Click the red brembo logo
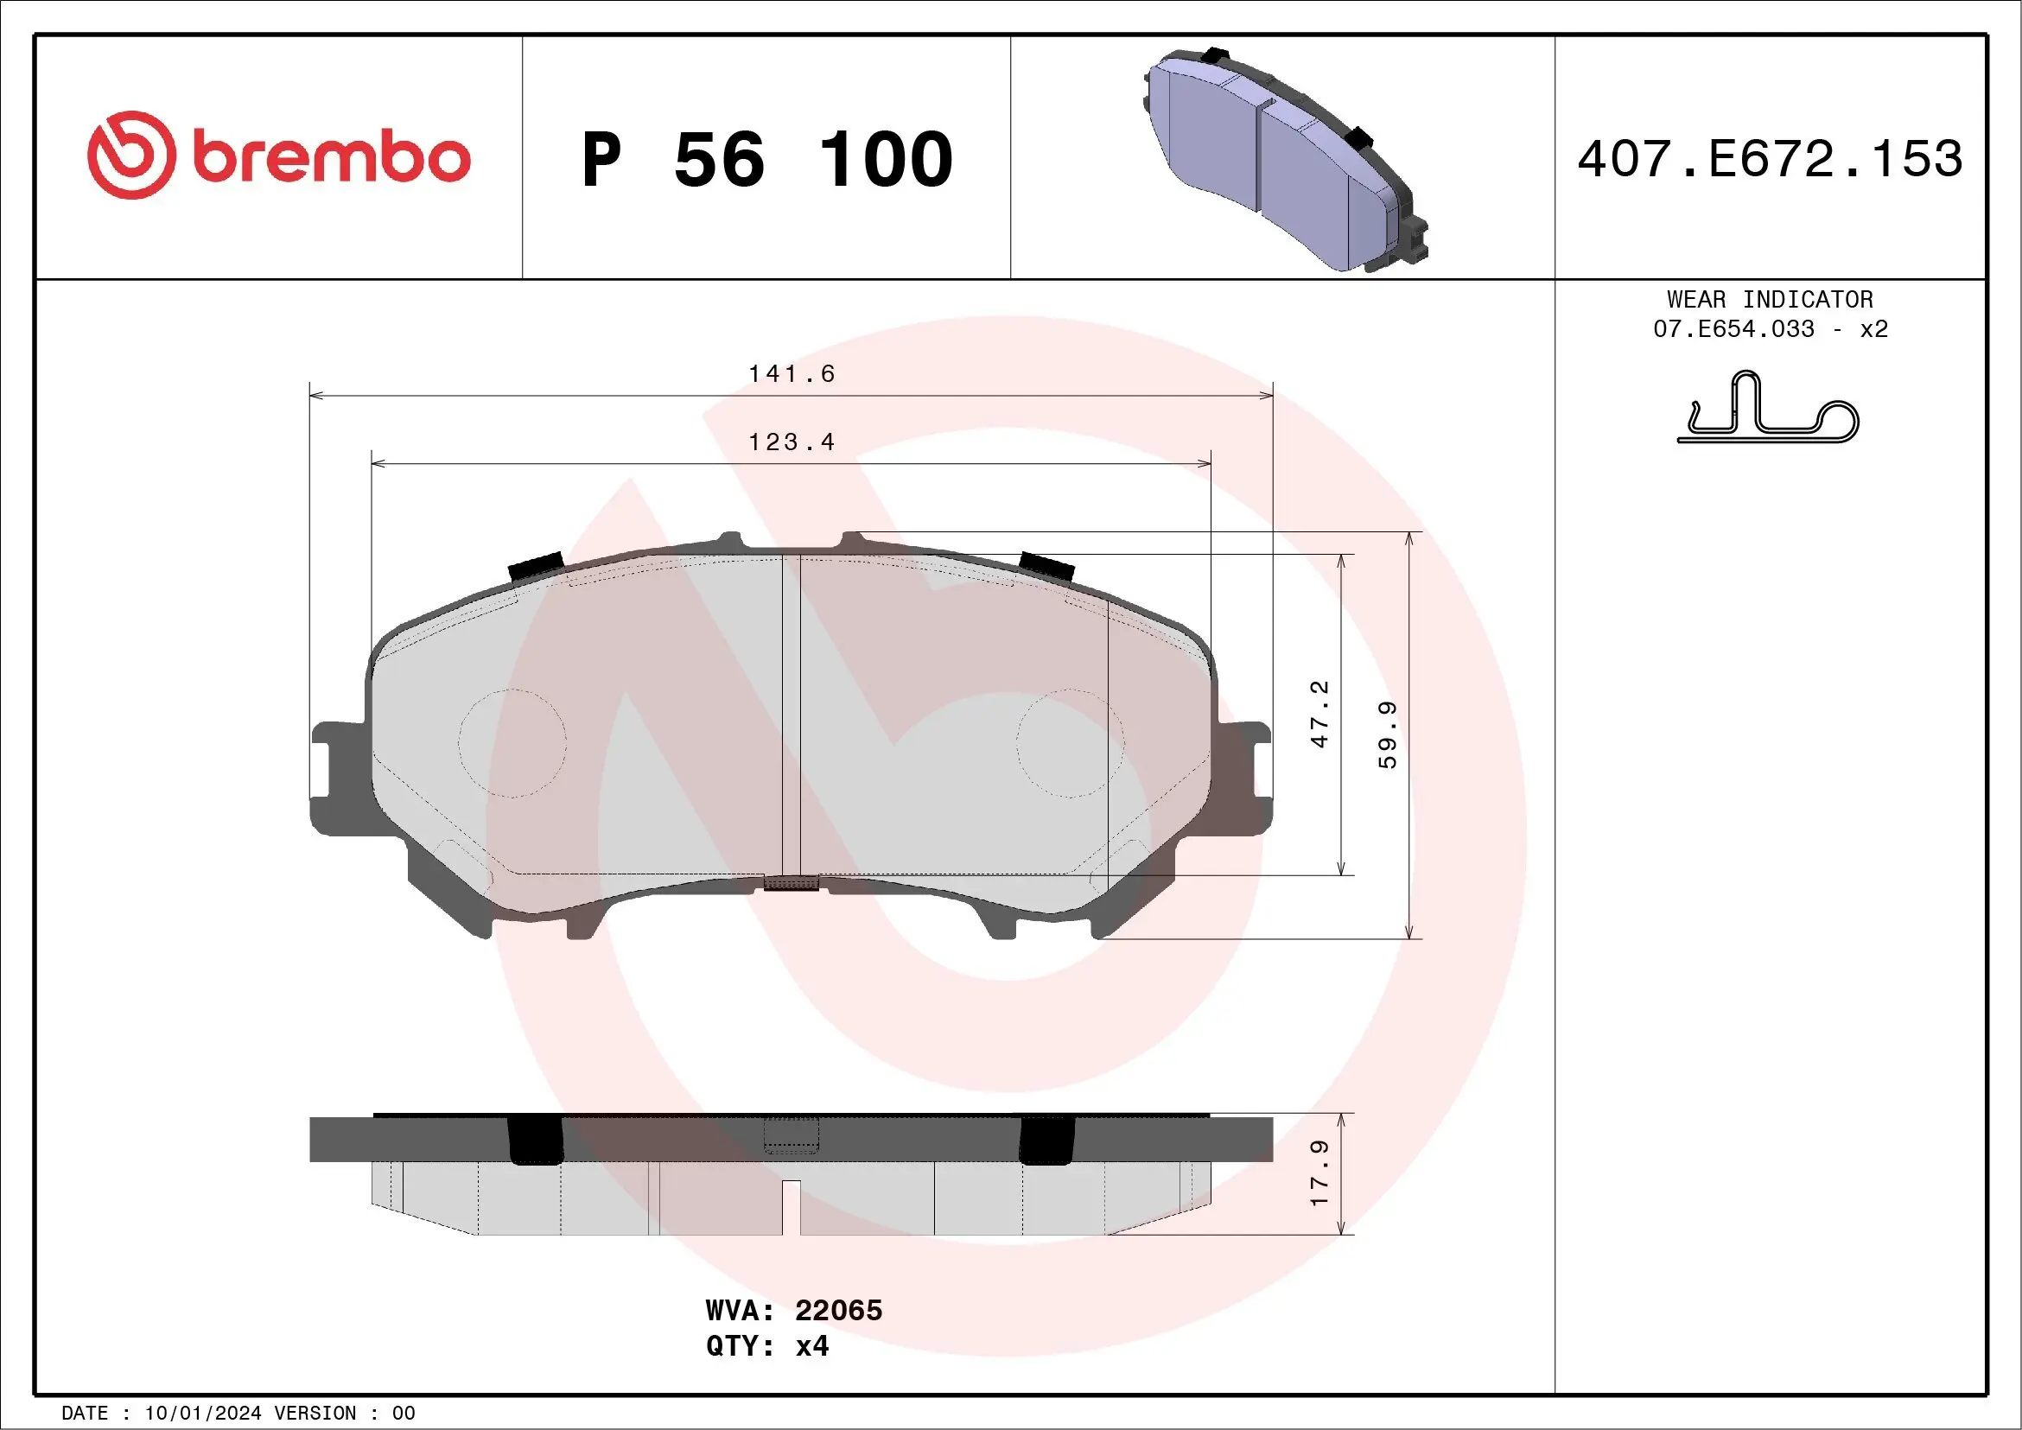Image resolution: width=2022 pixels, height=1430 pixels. pyautogui.click(x=278, y=156)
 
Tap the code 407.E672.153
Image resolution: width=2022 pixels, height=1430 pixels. pyautogui.click(x=1771, y=159)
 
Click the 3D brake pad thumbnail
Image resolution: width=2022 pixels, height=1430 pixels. pyautogui.click(x=1286, y=158)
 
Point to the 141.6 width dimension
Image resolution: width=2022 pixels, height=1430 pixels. pyautogui.click(x=791, y=373)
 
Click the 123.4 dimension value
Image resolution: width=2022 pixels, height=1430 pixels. pyautogui.click(x=791, y=442)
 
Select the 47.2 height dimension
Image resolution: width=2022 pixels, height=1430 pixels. pyautogui.click(x=1319, y=714)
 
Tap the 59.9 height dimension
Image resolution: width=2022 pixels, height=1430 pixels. pyautogui.click(x=1387, y=735)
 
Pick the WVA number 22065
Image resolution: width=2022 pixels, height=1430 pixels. pyautogui.click(x=837, y=1310)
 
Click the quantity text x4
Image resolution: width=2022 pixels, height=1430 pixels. pyautogui.click(x=811, y=1346)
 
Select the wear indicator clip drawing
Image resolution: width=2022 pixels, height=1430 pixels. pyautogui.click(x=1767, y=410)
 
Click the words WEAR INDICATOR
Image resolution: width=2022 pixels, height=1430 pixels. pyautogui.click(x=1770, y=299)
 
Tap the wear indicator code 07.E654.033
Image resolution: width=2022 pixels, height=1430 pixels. pyautogui.click(x=1733, y=329)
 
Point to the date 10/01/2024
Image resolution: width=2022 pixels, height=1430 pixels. pyautogui.click(x=202, y=1414)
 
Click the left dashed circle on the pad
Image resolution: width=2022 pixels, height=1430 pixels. pyautogui.click(x=512, y=743)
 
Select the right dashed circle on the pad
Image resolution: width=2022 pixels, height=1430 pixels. pyautogui.click(x=1070, y=743)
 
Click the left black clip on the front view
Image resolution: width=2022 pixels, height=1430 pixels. pyautogui.click(x=537, y=565)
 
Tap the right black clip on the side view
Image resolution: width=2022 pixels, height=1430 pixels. pyautogui.click(x=1046, y=1141)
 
